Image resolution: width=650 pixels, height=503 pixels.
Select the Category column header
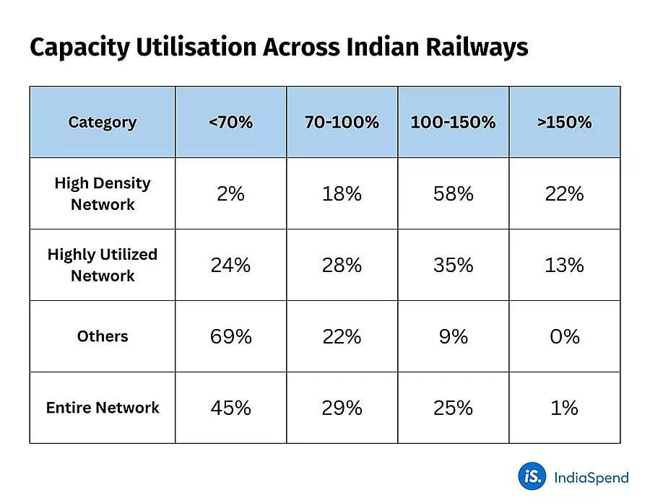click(103, 122)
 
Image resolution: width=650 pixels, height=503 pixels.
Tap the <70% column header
click(231, 122)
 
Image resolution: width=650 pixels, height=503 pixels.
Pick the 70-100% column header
click(342, 122)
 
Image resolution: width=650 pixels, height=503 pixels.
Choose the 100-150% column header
click(453, 122)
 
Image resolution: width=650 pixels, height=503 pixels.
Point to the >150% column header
click(564, 122)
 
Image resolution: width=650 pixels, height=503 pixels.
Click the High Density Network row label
click(103, 193)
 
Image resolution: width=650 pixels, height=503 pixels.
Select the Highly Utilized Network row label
click(103, 265)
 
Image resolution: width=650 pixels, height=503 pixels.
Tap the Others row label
click(103, 336)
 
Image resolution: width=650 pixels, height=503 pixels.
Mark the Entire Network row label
click(103, 408)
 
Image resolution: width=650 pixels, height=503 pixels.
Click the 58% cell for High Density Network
click(453, 193)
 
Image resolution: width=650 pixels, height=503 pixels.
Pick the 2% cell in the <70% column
click(231, 193)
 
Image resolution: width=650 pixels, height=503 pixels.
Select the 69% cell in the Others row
click(231, 336)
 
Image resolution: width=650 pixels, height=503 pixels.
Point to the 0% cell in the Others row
click(564, 336)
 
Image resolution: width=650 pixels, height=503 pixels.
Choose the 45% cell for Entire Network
click(231, 408)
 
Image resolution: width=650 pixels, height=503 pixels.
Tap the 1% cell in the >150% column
click(564, 408)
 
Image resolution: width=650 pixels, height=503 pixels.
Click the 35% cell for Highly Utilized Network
click(453, 265)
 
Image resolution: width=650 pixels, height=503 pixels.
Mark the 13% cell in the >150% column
click(564, 265)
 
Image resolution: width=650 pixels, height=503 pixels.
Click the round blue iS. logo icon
click(532, 476)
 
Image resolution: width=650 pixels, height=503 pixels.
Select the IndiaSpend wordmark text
click(591, 477)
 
